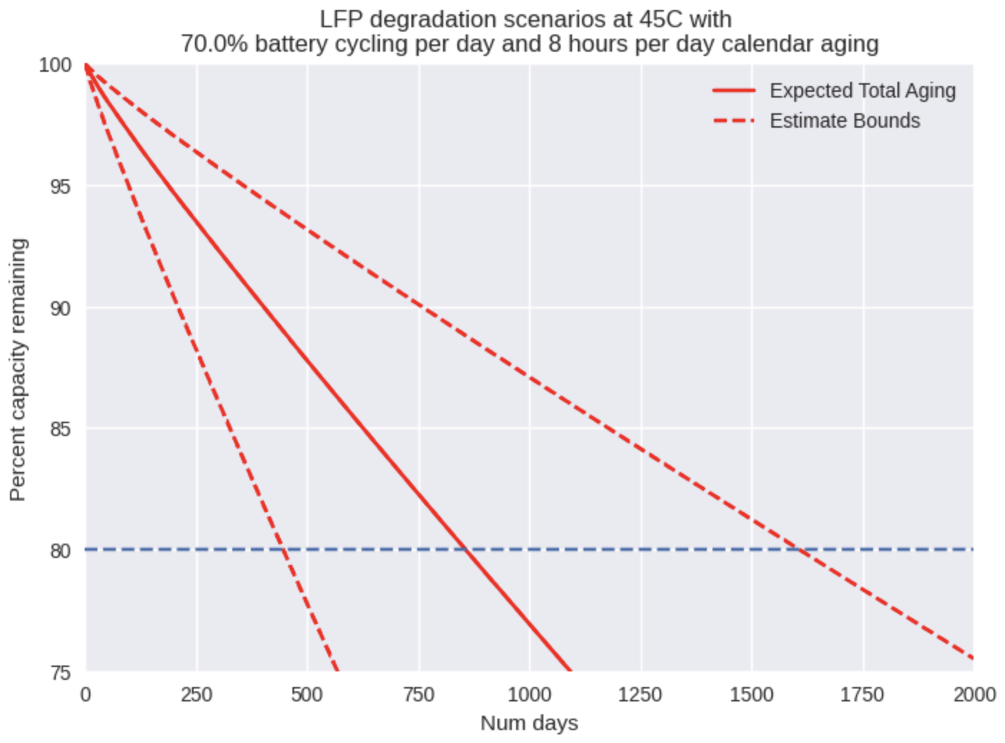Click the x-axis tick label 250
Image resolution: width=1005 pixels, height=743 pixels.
coord(196,695)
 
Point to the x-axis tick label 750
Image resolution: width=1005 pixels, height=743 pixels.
coord(419,695)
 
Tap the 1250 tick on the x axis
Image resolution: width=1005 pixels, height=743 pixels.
coord(640,695)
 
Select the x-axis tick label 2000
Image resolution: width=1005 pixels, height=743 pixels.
coord(974,695)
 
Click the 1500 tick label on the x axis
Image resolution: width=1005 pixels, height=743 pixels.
coord(751,695)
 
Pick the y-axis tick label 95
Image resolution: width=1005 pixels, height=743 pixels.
coord(59,187)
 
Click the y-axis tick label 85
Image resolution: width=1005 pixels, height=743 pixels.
coord(59,430)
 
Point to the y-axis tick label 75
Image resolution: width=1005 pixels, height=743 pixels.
coord(59,673)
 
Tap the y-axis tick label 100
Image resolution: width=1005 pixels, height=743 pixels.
coord(55,65)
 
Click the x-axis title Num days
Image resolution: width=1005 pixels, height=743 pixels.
coord(529,723)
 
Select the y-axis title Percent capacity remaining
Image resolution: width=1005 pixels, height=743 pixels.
coord(18,369)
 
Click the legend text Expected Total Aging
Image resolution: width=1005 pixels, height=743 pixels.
coord(862,91)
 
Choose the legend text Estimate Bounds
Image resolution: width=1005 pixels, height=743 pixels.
coord(844,120)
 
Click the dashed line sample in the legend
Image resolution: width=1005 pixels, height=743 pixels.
coord(734,120)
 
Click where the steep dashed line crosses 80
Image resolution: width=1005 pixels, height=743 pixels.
coord(285,550)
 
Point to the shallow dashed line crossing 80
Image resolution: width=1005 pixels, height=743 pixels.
coord(798,550)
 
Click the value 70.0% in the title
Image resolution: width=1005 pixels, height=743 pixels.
coord(214,44)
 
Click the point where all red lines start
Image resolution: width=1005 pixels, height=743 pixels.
coord(86,65)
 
